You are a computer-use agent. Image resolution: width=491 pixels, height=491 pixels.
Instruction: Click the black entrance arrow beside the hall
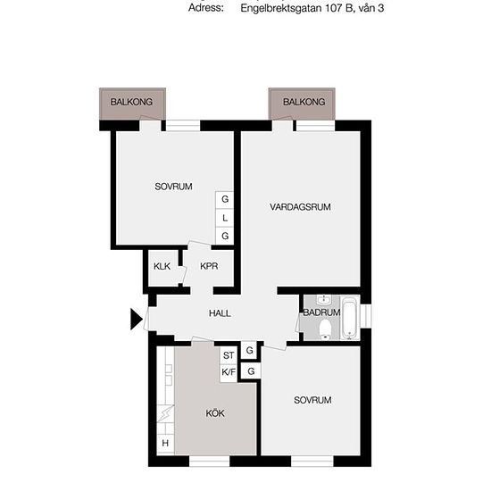tap(137, 319)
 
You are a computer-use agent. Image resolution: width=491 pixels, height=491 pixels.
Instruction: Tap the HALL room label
tap(220, 313)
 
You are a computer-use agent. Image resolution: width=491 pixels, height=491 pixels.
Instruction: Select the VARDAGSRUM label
tap(300, 207)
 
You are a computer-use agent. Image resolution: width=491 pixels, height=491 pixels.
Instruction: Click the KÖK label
tap(215, 413)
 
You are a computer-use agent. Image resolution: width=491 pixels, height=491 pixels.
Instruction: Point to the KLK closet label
tap(162, 266)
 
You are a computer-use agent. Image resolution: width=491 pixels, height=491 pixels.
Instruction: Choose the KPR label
tap(209, 266)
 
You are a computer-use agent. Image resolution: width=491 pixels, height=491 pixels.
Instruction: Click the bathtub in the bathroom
tap(349, 319)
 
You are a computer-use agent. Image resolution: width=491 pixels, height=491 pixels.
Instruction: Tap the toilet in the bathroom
tap(325, 329)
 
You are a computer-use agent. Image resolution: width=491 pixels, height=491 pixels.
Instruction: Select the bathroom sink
tap(323, 300)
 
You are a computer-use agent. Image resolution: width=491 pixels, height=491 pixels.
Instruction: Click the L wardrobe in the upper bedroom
tap(224, 218)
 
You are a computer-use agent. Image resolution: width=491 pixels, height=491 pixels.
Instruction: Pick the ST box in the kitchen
tap(229, 355)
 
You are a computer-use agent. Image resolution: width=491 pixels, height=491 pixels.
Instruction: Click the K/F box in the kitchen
tap(229, 372)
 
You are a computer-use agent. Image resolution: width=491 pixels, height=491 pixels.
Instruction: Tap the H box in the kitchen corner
tap(165, 443)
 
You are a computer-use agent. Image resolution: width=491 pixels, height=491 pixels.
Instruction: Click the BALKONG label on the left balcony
tap(131, 102)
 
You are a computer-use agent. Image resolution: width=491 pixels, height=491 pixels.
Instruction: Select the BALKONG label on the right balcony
tap(304, 102)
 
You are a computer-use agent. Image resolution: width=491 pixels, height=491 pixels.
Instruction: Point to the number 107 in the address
tap(334, 8)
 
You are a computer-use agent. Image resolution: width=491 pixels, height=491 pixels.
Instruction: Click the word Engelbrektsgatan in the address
tap(281, 8)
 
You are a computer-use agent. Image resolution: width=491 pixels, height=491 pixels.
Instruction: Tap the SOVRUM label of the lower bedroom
tap(312, 400)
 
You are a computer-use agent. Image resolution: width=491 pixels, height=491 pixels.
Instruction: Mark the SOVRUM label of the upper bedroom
tap(173, 187)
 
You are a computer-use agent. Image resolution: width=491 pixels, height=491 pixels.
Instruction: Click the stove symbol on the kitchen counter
tap(165, 413)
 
